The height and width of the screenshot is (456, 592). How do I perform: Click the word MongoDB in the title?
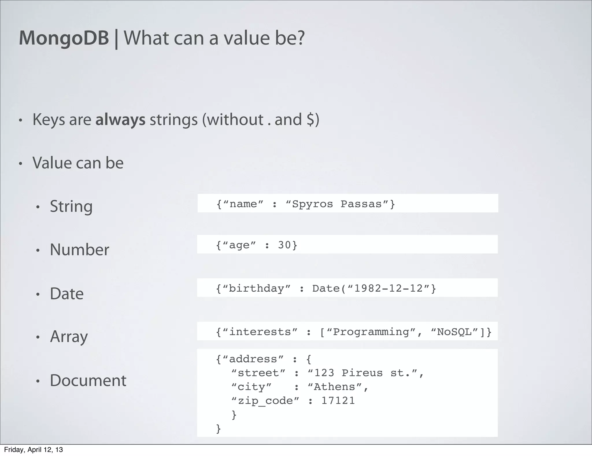click(x=64, y=38)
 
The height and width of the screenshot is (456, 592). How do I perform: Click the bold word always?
click(x=120, y=120)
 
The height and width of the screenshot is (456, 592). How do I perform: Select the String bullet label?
click(x=71, y=206)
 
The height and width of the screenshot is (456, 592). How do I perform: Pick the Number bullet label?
click(x=79, y=249)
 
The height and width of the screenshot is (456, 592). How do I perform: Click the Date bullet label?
click(x=66, y=293)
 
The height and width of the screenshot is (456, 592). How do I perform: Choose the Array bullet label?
click(x=69, y=337)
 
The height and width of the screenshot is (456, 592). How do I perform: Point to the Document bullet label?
click(x=88, y=380)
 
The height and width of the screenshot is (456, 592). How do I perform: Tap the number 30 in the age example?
click(x=284, y=245)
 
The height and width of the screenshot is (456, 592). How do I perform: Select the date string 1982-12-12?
click(x=388, y=288)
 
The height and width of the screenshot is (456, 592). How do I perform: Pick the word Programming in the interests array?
click(x=371, y=332)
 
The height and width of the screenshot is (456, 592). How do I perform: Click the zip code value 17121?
click(x=338, y=401)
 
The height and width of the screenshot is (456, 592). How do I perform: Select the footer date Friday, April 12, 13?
click(x=33, y=450)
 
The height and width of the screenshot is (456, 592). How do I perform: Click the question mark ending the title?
click(x=300, y=38)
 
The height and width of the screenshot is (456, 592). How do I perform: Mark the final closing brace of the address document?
click(x=219, y=428)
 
